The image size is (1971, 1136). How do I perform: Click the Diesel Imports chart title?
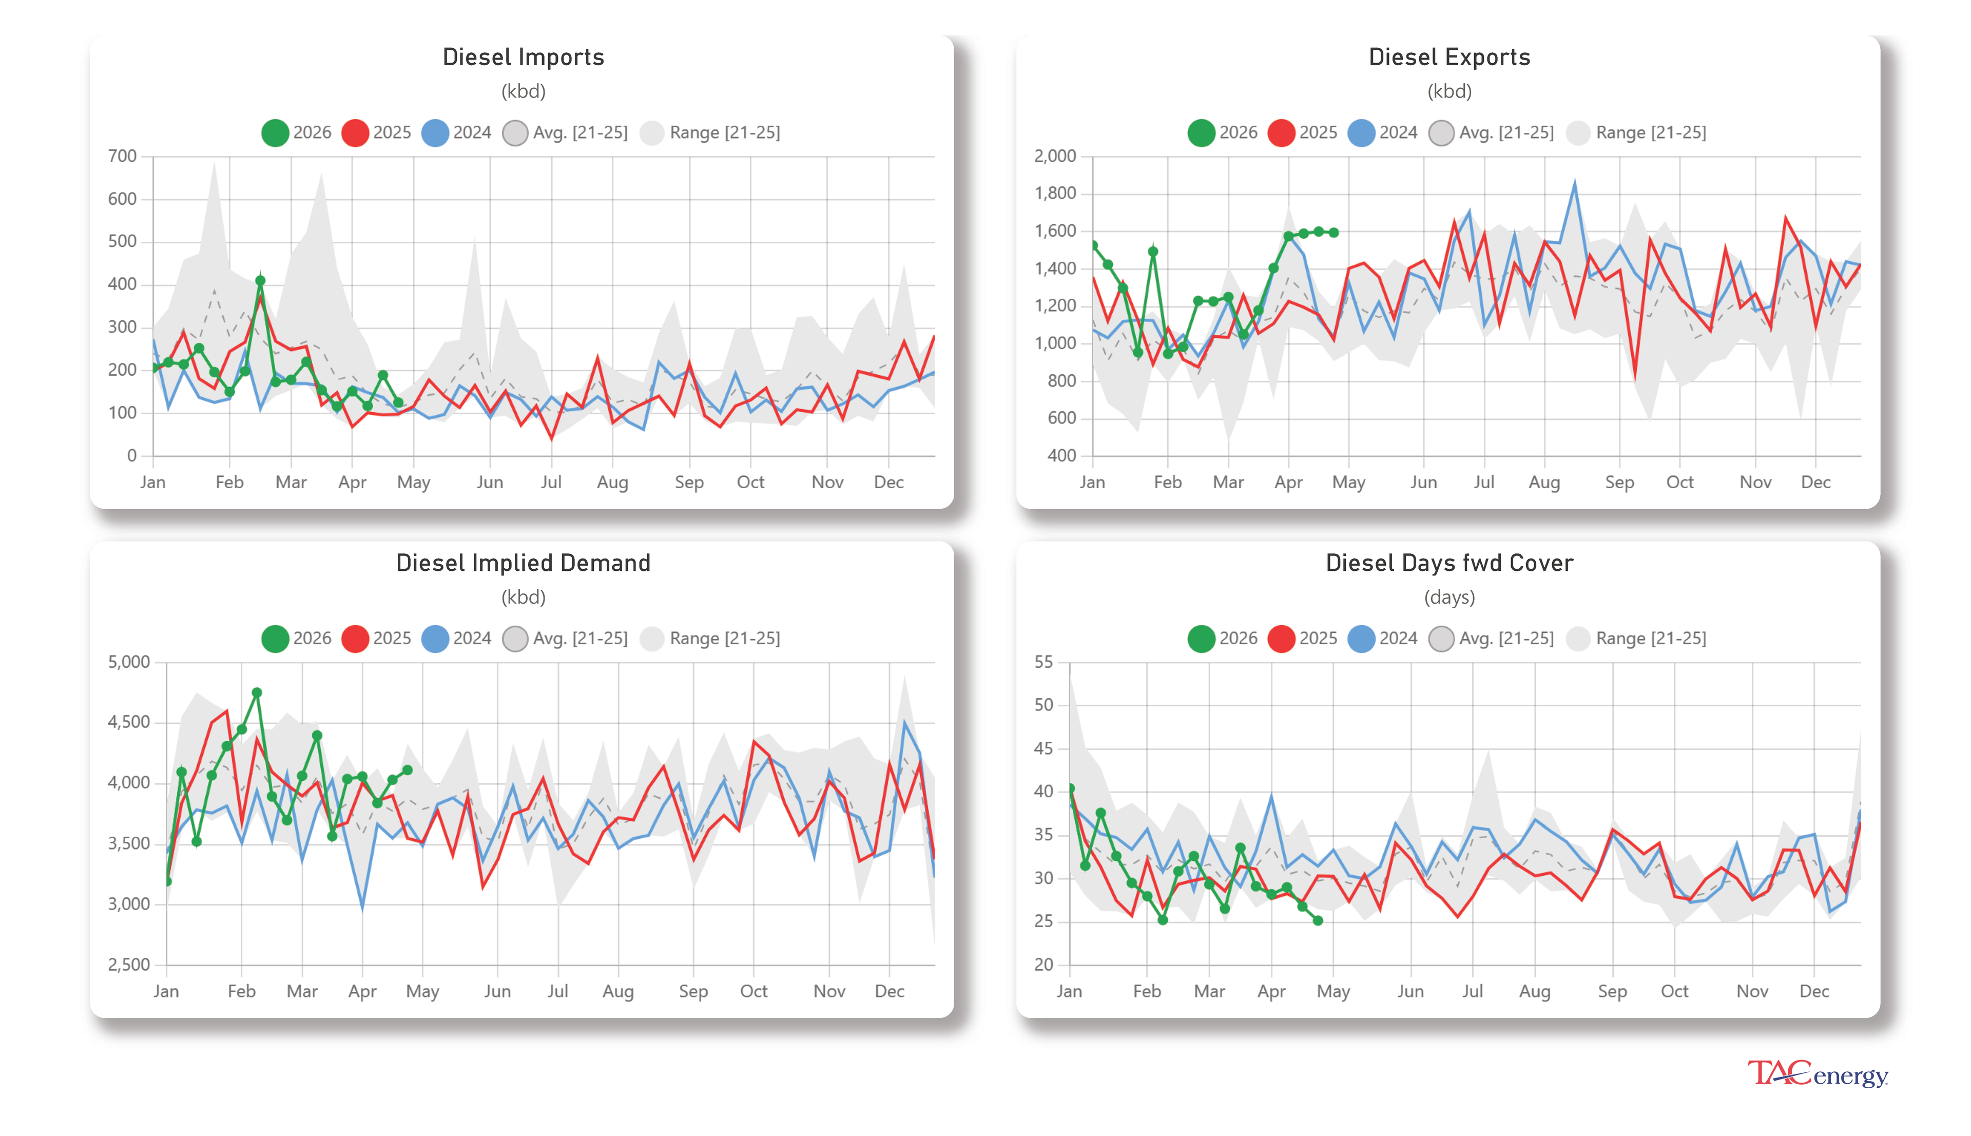click(x=523, y=57)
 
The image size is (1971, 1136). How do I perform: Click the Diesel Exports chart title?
click(x=1448, y=57)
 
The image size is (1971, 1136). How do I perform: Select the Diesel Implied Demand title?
click(x=523, y=563)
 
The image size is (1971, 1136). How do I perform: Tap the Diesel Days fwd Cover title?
click(x=1448, y=563)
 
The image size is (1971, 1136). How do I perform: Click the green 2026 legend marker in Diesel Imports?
click(x=275, y=132)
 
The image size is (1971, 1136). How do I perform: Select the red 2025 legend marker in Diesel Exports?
click(x=1281, y=132)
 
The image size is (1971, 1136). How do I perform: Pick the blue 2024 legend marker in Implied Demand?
click(x=434, y=638)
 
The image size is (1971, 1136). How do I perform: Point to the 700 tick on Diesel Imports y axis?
click(x=123, y=156)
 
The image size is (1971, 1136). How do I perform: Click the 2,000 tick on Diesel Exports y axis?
click(x=1054, y=156)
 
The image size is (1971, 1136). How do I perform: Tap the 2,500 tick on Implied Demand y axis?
click(x=129, y=965)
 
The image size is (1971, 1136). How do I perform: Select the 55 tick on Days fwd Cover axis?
click(x=1043, y=662)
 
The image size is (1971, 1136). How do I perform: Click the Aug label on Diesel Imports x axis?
click(x=612, y=482)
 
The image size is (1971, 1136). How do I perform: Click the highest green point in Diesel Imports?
click(x=261, y=280)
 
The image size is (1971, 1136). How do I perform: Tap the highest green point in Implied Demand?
click(x=257, y=692)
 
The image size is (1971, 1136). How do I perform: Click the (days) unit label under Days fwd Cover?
click(x=1448, y=597)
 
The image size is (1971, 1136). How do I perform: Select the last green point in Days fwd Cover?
click(x=1318, y=921)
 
